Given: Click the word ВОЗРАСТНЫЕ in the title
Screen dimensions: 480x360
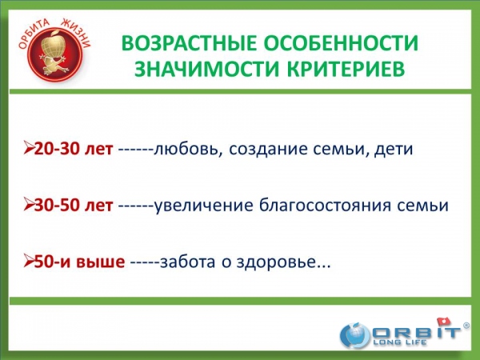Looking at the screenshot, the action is point(189,42).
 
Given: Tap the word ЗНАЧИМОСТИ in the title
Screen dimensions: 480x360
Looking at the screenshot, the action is point(207,68).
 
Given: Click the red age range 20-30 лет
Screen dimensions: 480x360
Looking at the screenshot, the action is point(74,149).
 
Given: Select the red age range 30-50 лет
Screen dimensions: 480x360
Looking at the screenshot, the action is point(74,205).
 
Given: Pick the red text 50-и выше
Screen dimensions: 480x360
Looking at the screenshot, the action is point(79,262).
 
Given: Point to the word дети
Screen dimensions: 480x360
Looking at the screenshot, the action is point(394,150).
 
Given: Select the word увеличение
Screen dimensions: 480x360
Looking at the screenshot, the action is point(203,206).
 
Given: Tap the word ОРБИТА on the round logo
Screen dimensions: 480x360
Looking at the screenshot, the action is point(33,33).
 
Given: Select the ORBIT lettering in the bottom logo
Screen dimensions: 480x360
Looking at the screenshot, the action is point(415,332).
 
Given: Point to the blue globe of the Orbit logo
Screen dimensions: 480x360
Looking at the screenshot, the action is point(355,335).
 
